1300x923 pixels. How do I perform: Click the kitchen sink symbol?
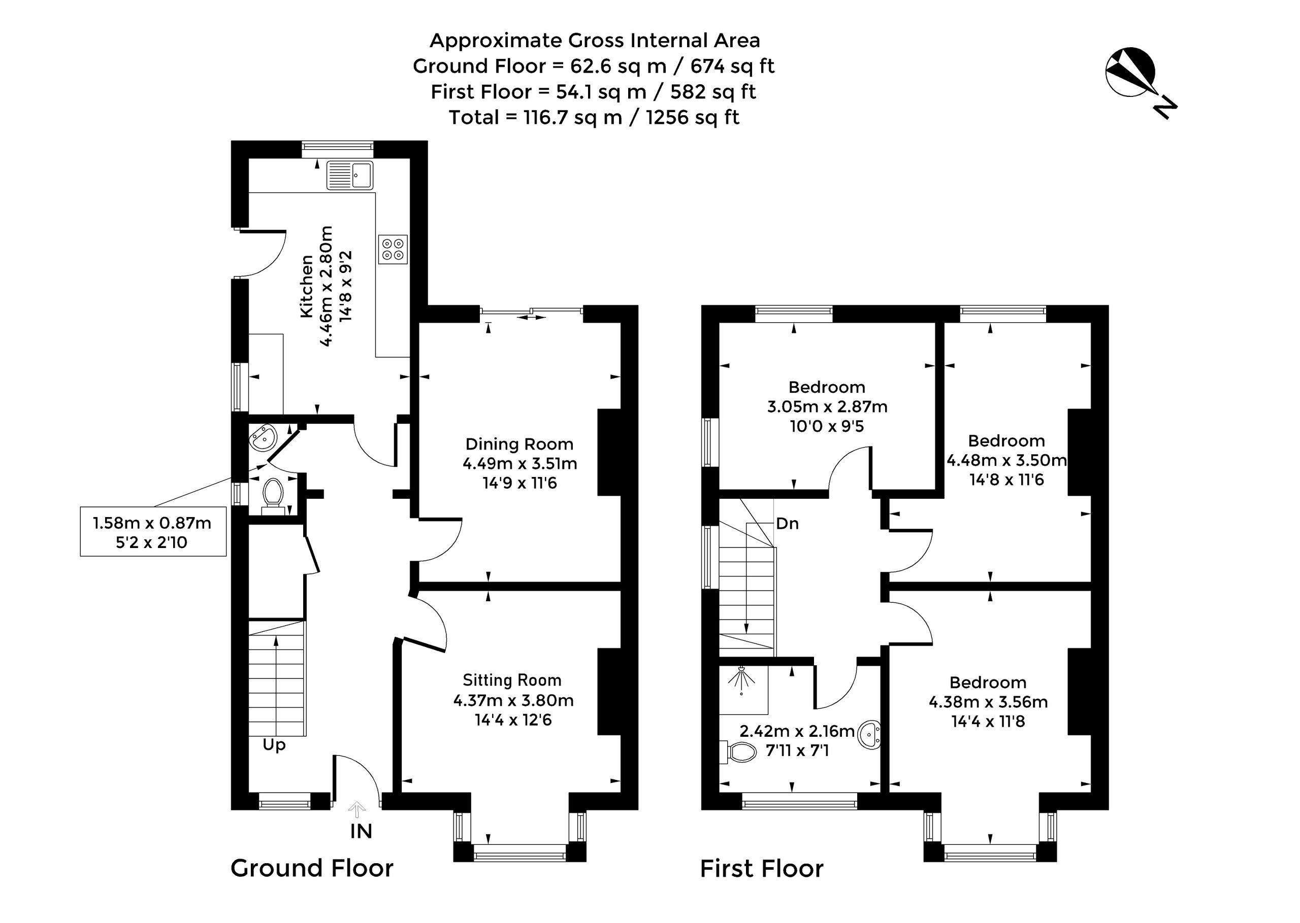pos(350,175)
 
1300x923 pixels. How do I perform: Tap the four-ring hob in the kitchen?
pos(393,250)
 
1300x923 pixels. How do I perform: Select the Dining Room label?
pos(519,444)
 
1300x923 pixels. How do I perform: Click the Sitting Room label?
pos(512,680)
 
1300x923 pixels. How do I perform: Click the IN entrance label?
pos(361,832)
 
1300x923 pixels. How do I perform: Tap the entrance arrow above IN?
pos(356,809)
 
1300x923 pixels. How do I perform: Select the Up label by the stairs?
pos(274,745)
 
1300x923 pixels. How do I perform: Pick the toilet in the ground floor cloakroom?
pos(273,495)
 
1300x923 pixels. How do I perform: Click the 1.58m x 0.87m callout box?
pos(153,531)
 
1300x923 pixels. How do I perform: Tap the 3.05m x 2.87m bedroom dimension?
pos(827,406)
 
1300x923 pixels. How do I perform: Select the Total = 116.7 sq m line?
pos(594,117)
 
